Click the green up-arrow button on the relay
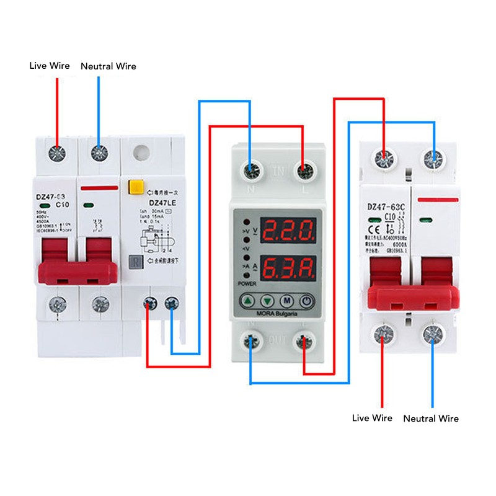pos(248,302)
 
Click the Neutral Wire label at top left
pos(108,66)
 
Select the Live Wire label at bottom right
pos(372,418)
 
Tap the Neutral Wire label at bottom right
pos(431,418)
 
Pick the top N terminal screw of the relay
pos(252,168)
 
